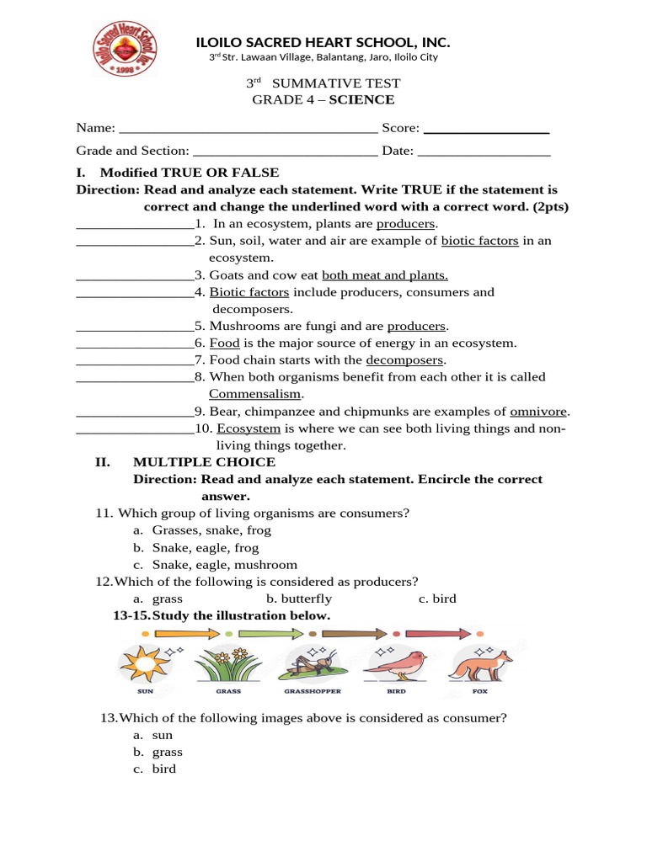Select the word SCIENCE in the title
[361, 100]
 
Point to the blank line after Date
[484, 152]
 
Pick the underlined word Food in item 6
[225, 343]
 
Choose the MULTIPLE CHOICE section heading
[204, 462]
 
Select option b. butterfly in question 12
[299, 599]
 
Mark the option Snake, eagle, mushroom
[224, 565]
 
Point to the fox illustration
[479, 665]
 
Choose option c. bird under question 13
[163, 769]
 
